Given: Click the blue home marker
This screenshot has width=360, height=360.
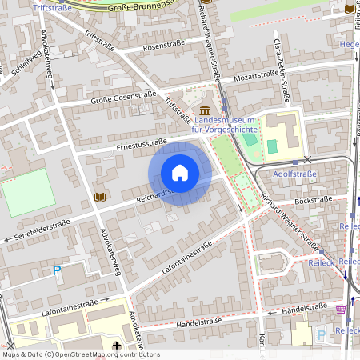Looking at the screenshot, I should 180,172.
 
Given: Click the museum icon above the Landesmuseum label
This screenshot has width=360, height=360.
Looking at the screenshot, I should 206,110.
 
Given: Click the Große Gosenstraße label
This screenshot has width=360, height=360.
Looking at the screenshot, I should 123,98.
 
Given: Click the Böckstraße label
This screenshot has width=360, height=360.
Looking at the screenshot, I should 314,200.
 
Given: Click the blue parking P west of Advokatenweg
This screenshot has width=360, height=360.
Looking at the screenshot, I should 57,270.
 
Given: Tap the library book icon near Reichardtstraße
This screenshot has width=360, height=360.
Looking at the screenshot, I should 100,197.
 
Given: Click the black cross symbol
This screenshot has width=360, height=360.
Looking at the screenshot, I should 117,346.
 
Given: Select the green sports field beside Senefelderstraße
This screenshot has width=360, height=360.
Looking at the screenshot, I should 27,193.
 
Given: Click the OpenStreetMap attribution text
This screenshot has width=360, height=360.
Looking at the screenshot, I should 80,354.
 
